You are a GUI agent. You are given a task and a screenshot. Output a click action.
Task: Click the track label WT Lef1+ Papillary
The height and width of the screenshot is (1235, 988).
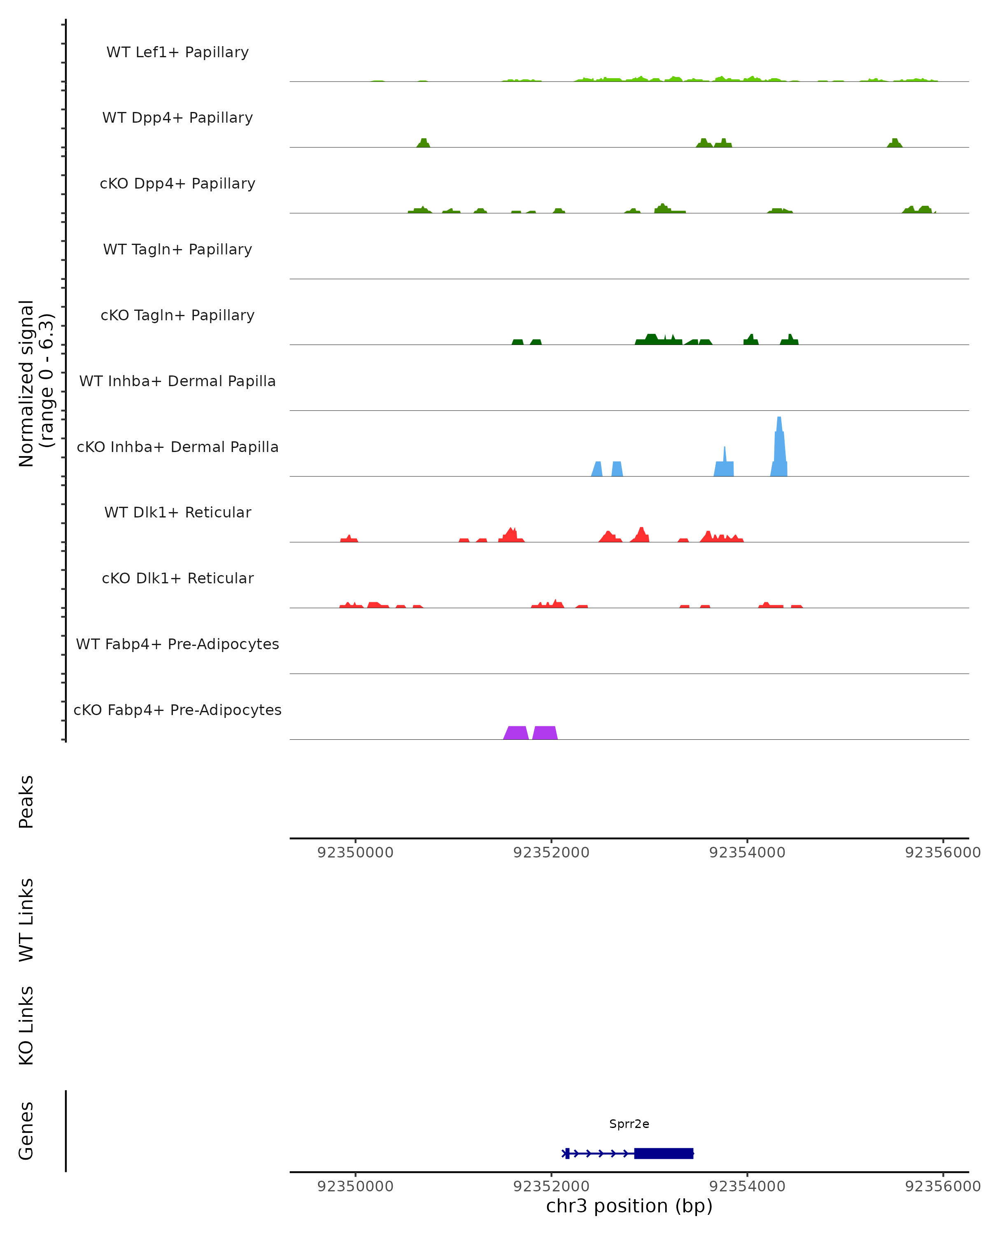click(177, 52)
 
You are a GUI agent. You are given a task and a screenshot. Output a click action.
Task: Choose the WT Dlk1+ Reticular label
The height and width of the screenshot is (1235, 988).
click(177, 512)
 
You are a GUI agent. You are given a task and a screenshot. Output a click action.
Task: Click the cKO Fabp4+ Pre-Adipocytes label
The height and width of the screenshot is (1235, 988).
click(177, 710)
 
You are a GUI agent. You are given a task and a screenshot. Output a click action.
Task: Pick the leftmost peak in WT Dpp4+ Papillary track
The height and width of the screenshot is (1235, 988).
click(423, 143)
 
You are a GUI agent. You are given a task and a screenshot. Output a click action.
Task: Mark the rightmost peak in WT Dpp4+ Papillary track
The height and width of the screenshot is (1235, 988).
click(895, 143)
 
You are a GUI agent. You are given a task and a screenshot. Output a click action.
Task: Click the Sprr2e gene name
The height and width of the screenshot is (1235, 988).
click(629, 1124)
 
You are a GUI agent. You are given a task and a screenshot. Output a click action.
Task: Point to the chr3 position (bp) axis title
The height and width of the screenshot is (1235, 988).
click(629, 1206)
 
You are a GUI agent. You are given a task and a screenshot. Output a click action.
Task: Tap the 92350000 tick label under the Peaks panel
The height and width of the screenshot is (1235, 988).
click(355, 853)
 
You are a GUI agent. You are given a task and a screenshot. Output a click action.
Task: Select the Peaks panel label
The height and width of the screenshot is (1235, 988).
click(26, 802)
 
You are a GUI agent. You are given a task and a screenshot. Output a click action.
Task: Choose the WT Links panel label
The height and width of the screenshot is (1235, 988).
click(26, 919)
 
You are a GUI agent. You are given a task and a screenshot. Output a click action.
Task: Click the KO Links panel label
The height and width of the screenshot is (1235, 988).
click(26, 1025)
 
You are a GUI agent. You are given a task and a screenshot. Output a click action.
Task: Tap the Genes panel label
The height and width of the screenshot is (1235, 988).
click(26, 1131)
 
